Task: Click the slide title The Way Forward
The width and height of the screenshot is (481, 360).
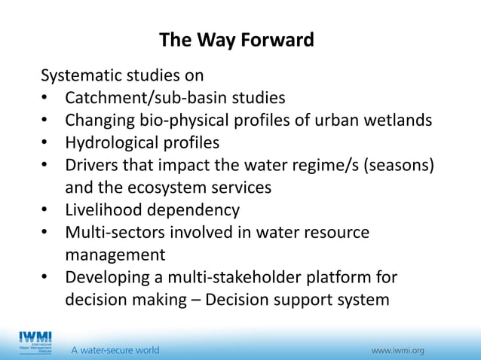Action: (x=237, y=40)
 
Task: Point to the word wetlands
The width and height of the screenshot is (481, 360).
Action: (x=398, y=121)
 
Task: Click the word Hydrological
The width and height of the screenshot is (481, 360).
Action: (x=112, y=143)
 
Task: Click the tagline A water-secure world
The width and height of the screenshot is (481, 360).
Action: (x=115, y=350)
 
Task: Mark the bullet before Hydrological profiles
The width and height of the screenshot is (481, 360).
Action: (x=46, y=143)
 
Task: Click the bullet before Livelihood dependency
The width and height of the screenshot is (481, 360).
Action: (x=46, y=210)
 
